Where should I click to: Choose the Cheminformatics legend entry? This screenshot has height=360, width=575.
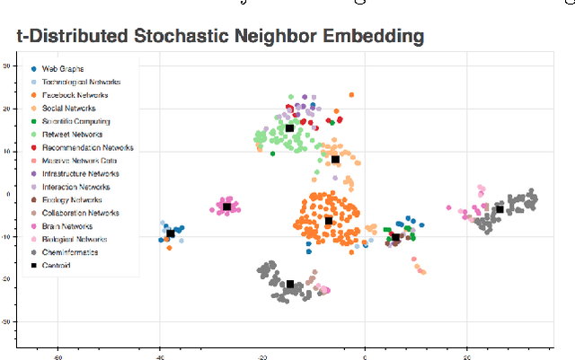70,252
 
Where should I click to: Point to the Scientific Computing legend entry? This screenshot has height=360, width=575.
75,121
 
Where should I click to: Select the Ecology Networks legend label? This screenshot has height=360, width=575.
73,200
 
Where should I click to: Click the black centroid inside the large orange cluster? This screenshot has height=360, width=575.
329,221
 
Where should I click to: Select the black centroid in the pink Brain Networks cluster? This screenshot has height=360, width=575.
227,206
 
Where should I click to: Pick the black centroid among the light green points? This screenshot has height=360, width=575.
289,128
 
